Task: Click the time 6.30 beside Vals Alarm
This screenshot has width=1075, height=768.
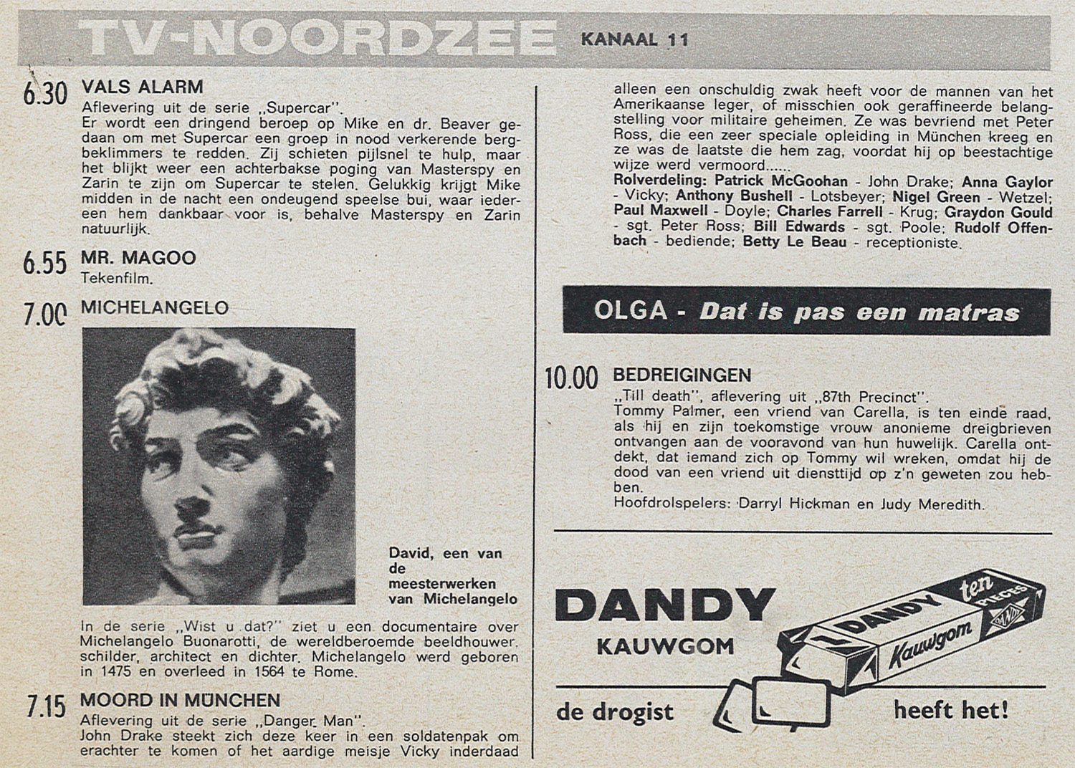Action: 44,95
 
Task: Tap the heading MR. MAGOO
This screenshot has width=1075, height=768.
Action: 138,258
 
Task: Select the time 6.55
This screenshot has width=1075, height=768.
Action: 44,264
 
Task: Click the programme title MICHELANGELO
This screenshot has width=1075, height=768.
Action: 155,308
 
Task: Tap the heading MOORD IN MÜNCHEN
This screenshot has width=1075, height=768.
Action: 180,700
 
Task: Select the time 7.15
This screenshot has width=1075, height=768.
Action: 46,707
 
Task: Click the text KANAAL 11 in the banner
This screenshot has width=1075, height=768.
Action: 634,39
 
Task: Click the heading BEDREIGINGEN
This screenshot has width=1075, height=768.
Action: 682,375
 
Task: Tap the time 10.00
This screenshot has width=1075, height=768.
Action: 571,378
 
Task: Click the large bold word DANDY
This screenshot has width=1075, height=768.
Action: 665,606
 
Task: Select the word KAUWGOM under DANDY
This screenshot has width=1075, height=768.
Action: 666,647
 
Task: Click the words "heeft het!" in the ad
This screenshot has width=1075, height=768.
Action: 951,710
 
